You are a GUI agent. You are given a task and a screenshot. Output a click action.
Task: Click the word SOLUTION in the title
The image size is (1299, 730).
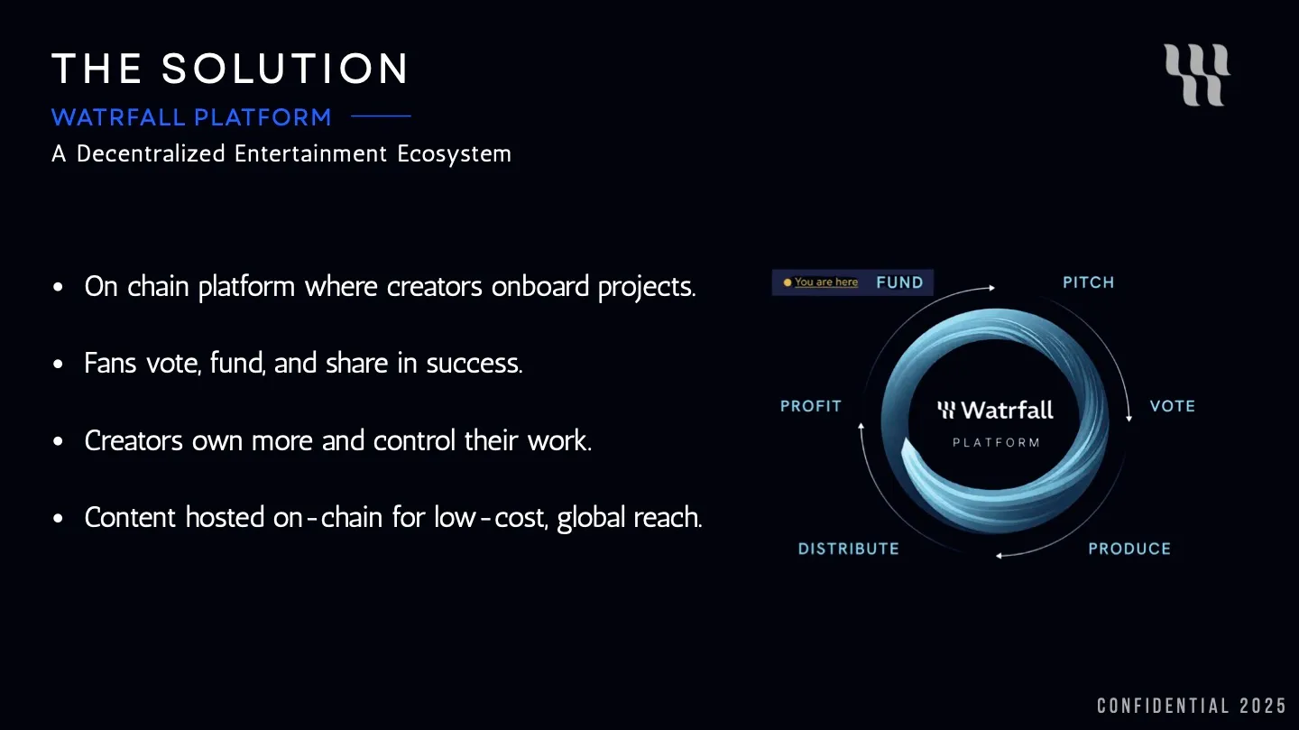pos(285,69)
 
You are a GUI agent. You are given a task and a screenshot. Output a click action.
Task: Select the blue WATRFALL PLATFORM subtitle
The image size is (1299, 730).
pos(191,117)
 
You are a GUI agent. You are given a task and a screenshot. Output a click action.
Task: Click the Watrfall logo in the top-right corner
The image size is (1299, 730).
pos(1197,75)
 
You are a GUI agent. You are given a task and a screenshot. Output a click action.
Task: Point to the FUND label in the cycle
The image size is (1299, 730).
pos(899,282)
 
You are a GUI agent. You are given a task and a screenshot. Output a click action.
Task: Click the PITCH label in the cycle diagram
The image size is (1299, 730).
pos(1088,282)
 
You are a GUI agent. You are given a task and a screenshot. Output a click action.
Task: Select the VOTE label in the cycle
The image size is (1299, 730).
pos(1172,406)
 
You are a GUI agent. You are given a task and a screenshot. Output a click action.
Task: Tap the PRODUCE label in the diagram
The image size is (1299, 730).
pos(1129,549)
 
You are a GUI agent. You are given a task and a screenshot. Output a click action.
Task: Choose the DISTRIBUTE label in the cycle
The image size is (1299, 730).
pos(848,549)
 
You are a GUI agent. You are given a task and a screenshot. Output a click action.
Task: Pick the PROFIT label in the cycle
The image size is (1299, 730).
pos(810,406)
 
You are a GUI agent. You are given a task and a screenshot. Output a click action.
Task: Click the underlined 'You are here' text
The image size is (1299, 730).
pos(826,282)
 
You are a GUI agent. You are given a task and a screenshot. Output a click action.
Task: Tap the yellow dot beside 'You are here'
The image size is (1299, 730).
pos(788,282)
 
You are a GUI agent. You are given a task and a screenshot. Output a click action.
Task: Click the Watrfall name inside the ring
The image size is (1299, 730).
pos(1007,411)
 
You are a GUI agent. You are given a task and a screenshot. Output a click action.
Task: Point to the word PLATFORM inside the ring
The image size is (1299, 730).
pos(996,443)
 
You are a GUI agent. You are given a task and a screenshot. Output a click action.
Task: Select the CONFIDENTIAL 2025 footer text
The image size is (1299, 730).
pos(1191,706)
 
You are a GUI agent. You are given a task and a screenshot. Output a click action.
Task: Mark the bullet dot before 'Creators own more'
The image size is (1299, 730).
pos(59,442)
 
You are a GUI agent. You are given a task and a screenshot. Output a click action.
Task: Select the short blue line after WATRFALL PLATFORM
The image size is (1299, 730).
pos(380,116)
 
